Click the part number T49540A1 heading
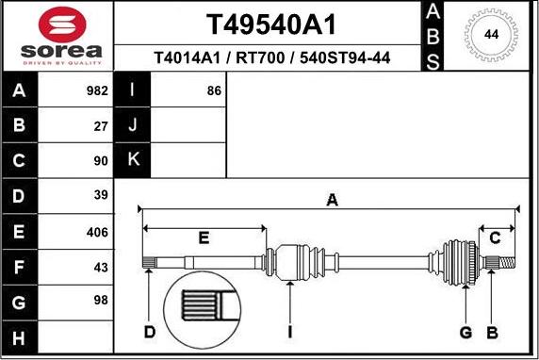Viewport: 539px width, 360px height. (x=272, y=24)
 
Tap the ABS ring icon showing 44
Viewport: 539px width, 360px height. (x=490, y=35)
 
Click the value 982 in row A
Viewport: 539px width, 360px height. (x=97, y=91)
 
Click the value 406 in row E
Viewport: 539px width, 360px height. (x=97, y=231)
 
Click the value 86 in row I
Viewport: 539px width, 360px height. (x=213, y=91)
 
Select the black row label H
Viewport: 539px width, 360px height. (x=20, y=337)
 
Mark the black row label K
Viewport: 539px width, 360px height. (x=132, y=160)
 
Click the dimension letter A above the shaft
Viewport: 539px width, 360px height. (x=331, y=199)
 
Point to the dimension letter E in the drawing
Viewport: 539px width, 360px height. (x=204, y=237)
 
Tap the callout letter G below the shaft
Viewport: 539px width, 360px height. (x=465, y=332)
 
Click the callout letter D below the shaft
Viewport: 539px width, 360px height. (x=150, y=332)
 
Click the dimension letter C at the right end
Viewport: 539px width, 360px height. (x=495, y=237)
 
